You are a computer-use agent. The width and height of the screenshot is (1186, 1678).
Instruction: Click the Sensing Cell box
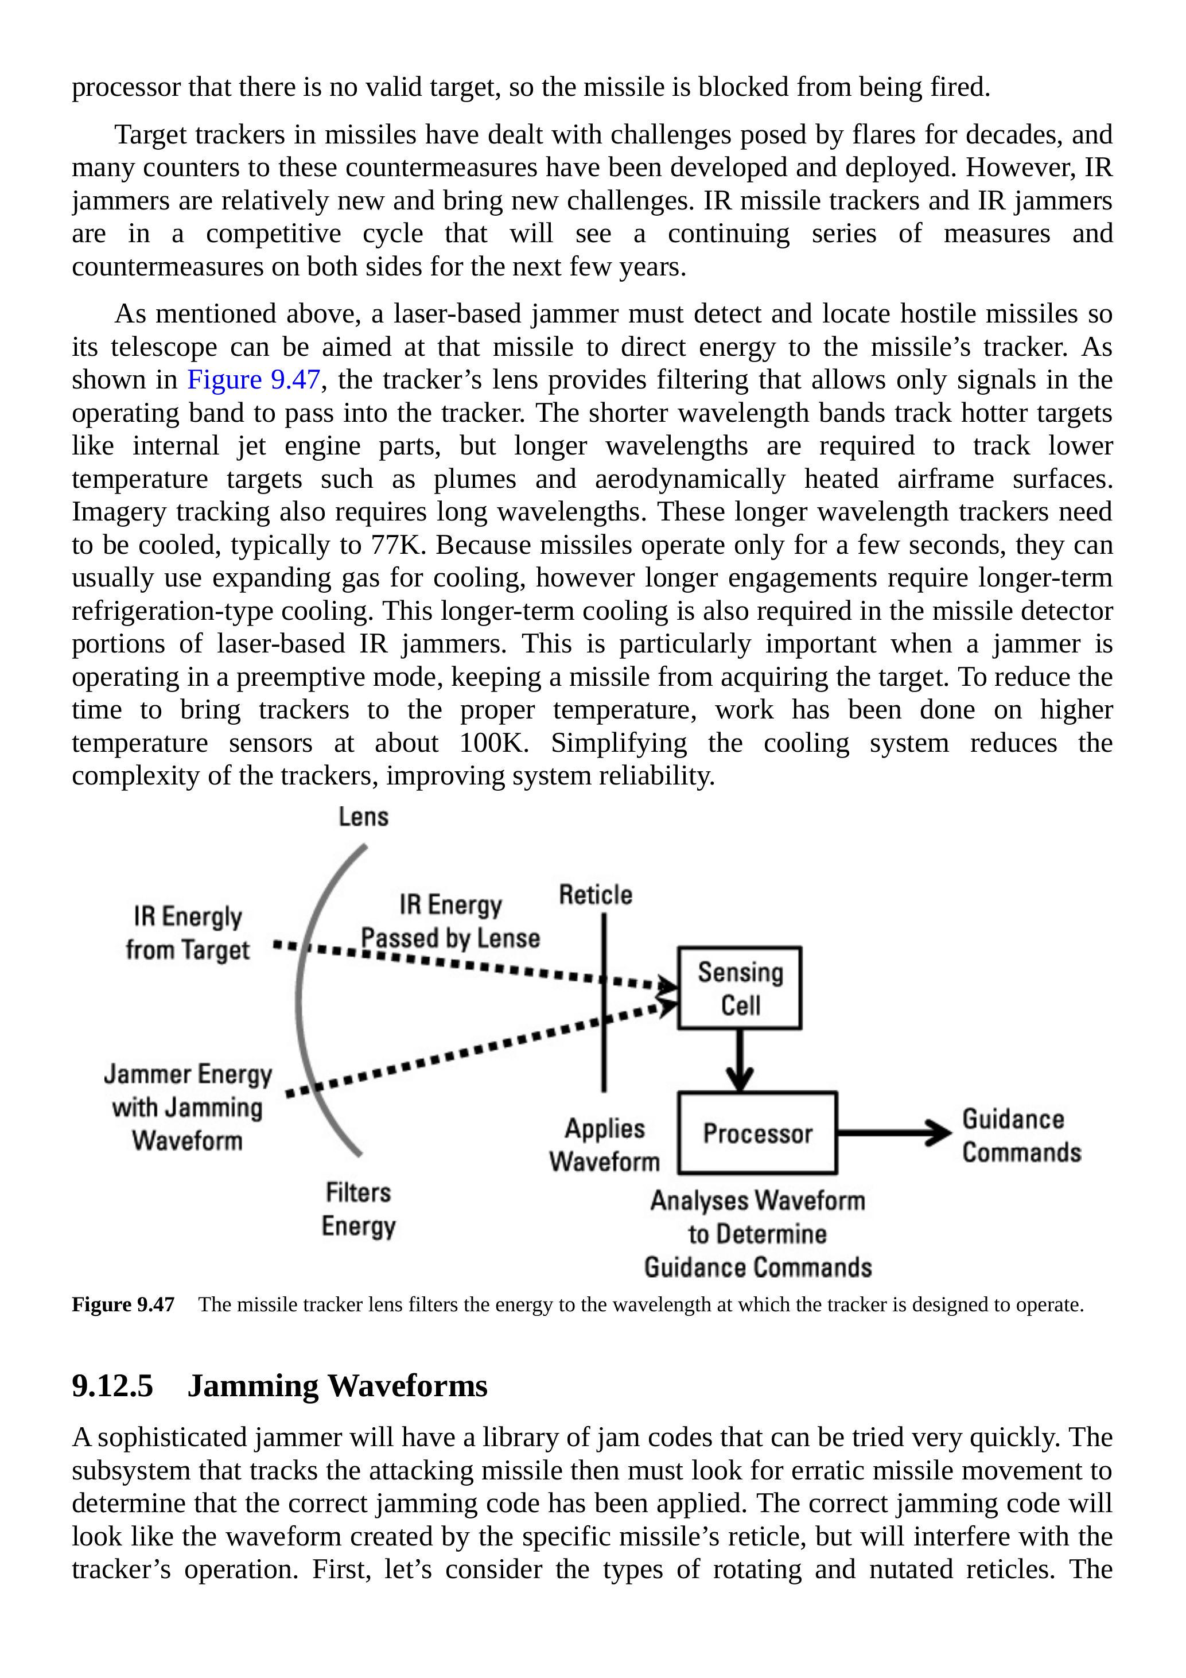(739, 988)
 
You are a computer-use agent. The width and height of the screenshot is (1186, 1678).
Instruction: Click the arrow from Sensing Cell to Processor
(740, 1061)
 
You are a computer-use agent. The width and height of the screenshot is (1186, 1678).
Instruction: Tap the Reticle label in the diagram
(595, 895)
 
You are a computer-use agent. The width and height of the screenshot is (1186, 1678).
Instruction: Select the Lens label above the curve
(363, 817)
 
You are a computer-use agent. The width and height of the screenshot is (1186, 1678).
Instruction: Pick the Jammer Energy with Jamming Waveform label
(187, 1106)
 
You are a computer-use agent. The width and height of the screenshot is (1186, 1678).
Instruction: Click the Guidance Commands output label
(1020, 1135)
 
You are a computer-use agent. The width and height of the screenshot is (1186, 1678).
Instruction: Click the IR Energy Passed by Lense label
(450, 921)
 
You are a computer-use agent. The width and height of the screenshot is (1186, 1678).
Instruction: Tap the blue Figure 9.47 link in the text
(254, 380)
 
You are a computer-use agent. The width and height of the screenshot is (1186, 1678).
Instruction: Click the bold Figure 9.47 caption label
(123, 1304)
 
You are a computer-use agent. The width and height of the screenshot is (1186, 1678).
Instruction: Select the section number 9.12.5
(112, 1386)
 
